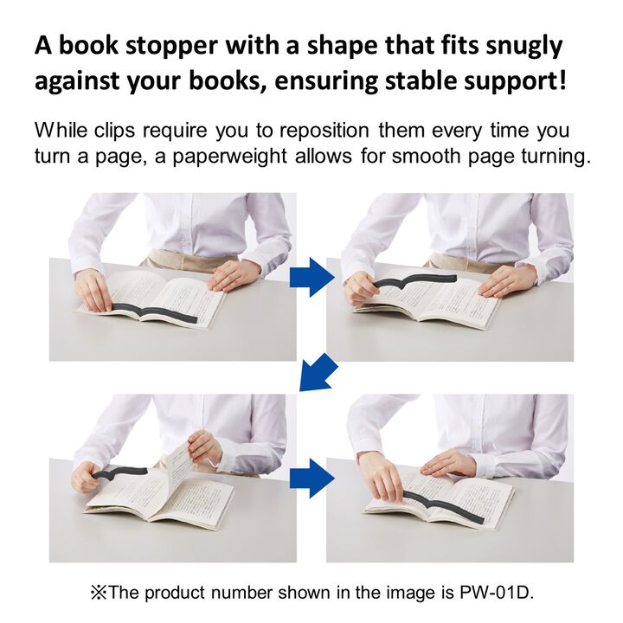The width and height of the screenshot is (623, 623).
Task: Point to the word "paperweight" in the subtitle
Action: (x=229, y=157)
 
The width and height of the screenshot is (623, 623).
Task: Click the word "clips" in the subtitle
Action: (x=114, y=131)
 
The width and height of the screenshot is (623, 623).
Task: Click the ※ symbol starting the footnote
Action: (x=98, y=593)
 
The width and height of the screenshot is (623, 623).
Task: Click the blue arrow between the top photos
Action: (x=311, y=277)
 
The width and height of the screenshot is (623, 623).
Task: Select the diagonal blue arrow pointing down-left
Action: (x=318, y=372)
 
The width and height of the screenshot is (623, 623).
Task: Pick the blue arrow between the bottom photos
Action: (x=311, y=478)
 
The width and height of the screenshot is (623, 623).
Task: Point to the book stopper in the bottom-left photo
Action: (x=119, y=472)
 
